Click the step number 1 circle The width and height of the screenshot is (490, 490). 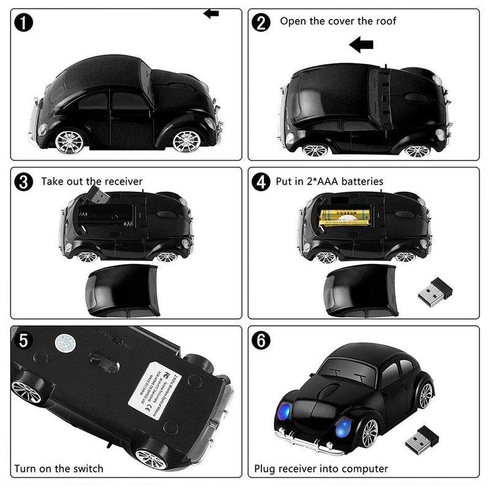coord(23,24)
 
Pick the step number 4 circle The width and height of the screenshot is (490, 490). coord(262,181)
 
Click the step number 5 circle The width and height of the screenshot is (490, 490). coord(23,341)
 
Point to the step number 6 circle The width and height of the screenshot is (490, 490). coord(262,341)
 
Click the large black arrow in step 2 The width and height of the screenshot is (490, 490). coord(361,44)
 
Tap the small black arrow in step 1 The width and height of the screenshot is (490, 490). coord(211,13)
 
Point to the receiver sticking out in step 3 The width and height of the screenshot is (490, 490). coord(96,195)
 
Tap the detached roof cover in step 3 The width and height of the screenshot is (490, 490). coord(123,290)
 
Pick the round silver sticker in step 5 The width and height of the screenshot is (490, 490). coord(64,342)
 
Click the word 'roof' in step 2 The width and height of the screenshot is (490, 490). coord(383,21)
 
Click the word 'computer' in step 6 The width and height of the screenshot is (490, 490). coord(363,469)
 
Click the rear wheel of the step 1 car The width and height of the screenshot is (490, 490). coord(69,141)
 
